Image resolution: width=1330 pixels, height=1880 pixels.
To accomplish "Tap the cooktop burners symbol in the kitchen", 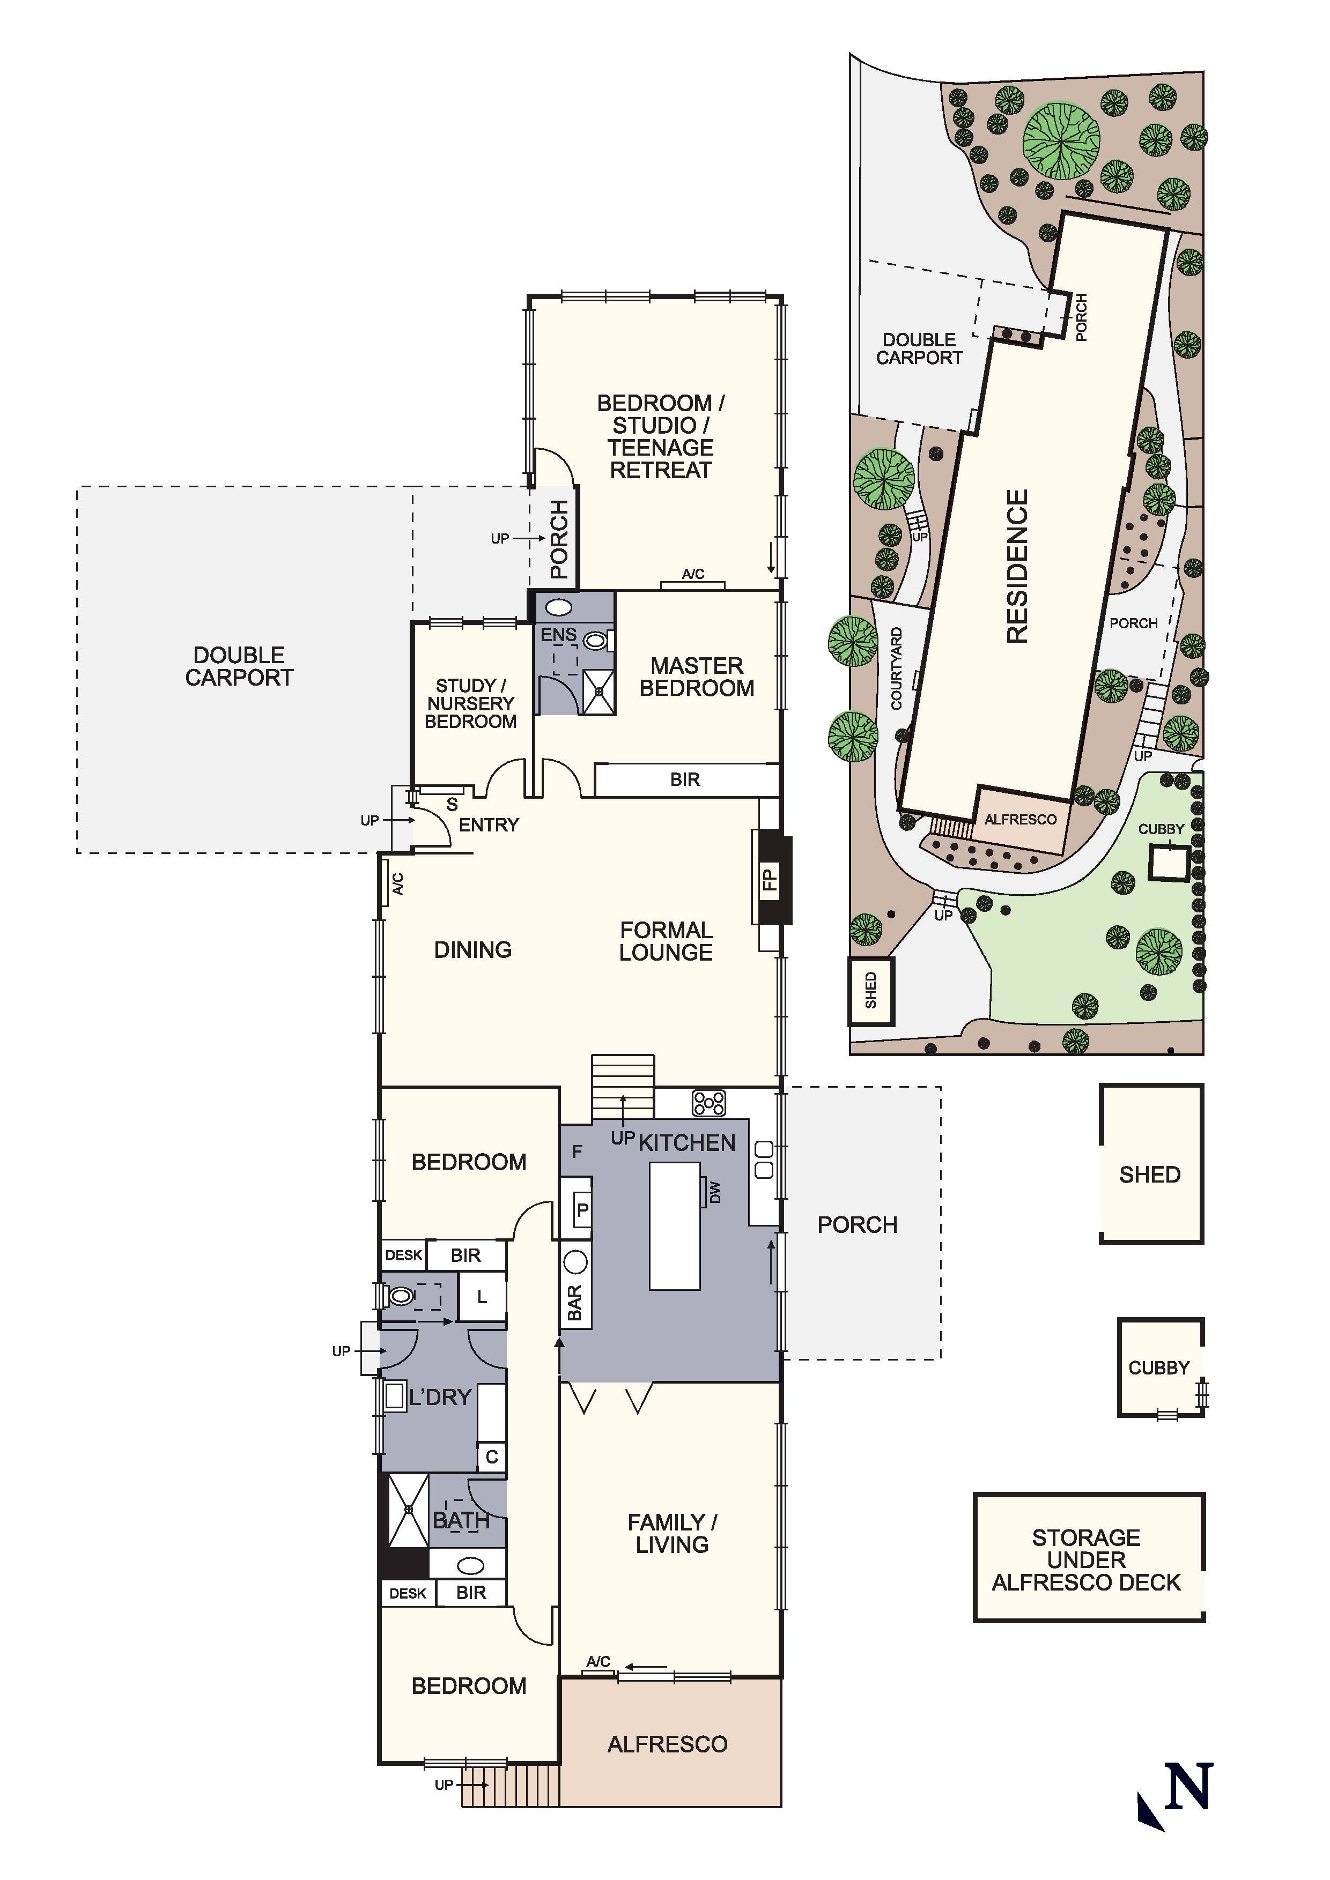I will tap(708, 1103).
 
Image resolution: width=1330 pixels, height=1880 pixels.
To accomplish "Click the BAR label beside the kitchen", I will tap(575, 1303).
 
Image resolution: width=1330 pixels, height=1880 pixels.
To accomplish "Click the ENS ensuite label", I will tap(558, 635).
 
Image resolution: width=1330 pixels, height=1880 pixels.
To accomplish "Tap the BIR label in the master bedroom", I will tap(685, 779).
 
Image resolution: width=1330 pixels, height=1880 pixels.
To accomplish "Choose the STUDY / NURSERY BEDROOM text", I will tap(471, 703).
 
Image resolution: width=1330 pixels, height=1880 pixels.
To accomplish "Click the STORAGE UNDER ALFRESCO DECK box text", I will tap(1086, 1560).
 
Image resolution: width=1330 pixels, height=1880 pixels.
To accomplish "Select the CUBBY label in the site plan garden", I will tap(1161, 829).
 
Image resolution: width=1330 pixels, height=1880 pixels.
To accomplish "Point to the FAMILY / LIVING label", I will tap(671, 1534).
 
